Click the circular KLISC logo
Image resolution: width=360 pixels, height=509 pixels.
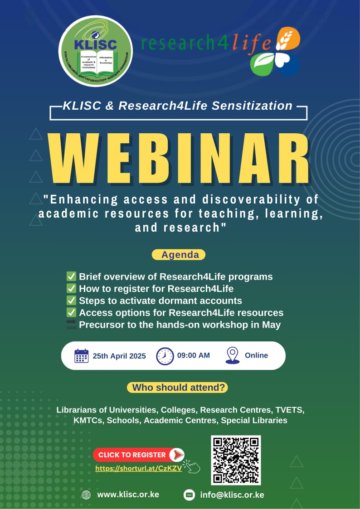tap(96, 51)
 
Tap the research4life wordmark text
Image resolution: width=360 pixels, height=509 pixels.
tap(206, 44)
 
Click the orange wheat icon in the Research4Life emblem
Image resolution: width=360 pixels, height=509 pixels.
tap(288, 39)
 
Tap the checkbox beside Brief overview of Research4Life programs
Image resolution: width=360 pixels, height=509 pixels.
tap(71, 276)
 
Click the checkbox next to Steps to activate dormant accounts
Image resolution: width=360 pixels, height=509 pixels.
tap(71, 301)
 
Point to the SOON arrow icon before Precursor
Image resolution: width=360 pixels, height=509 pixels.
tap(71, 325)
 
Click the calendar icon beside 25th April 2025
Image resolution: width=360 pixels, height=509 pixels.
tap(81, 356)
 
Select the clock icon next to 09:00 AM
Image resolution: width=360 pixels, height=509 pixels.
tap(165, 356)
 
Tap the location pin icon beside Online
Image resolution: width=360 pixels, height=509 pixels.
tap(232, 356)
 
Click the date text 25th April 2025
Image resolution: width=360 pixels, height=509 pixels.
tap(119, 356)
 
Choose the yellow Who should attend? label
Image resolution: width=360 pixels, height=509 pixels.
tap(177, 388)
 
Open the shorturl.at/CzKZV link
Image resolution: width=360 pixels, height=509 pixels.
tap(138, 469)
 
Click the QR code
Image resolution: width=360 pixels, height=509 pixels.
tap(236, 460)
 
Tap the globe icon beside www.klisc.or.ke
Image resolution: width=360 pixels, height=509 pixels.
tap(86, 495)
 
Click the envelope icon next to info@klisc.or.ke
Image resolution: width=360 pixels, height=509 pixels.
tap(189, 495)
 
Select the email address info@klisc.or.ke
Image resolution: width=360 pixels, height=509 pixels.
tap(232, 495)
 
